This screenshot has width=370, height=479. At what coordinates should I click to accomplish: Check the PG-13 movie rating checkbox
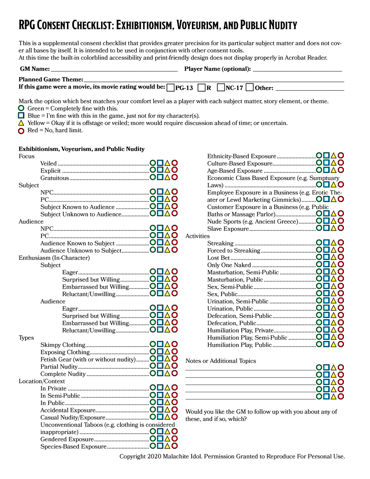pyautogui.click(x=171, y=88)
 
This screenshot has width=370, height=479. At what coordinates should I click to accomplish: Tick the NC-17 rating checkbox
pyautogui.click(x=221, y=88)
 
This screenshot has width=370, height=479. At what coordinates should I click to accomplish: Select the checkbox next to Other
pyautogui.click(x=250, y=88)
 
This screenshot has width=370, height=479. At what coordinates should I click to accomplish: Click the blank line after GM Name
pyautogui.click(x=114, y=69)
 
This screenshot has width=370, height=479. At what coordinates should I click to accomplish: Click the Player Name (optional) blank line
pyautogui.click(x=297, y=69)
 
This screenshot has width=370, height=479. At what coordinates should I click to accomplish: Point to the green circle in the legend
pyautogui.click(x=21, y=108)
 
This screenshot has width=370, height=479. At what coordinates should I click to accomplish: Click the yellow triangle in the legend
pyautogui.click(x=21, y=123)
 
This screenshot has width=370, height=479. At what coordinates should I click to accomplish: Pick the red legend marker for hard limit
pyautogui.click(x=21, y=131)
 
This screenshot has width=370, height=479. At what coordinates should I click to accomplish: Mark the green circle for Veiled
pyautogui.click(x=153, y=163)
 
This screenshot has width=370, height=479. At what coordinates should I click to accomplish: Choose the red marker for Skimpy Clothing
pyautogui.click(x=174, y=344)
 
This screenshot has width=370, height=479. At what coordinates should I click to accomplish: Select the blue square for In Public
pyautogui.click(x=160, y=402)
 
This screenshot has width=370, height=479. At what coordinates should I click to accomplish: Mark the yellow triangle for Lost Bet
pyautogui.click(x=333, y=257)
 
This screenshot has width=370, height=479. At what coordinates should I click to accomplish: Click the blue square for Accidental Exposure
pyautogui.click(x=160, y=410)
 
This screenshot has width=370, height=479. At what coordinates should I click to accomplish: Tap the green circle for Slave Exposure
pyautogui.click(x=319, y=228)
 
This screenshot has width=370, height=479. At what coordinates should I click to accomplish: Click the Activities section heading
pyautogui.click(x=198, y=236)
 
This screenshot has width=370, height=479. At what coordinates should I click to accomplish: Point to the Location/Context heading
pyautogui.click(x=42, y=381)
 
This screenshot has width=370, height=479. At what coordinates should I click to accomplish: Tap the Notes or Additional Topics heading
pyautogui.click(x=221, y=361)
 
